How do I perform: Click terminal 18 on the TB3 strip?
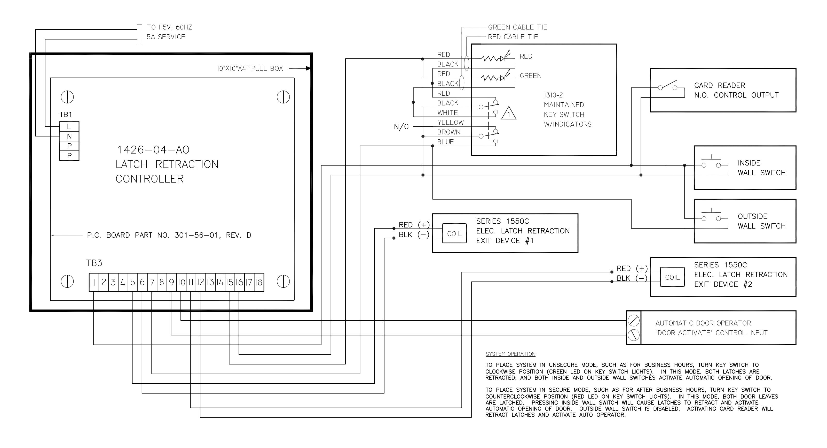(x=259, y=282)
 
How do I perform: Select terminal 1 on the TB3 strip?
(x=94, y=282)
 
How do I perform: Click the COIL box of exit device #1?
(x=454, y=233)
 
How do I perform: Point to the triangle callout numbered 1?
(x=509, y=113)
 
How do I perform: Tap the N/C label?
(x=401, y=127)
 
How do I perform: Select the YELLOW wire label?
(x=450, y=123)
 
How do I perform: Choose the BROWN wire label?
(x=449, y=132)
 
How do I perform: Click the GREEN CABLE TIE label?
(x=517, y=27)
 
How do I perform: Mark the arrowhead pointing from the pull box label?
(x=308, y=68)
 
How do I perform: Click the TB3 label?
(x=94, y=263)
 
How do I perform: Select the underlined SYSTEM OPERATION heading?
(x=511, y=354)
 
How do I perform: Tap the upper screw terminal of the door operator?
(x=633, y=320)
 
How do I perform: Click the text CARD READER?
(x=719, y=86)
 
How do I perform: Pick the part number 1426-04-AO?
(x=153, y=150)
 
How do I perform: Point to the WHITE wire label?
(x=447, y=113)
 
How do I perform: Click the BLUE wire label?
(x=446, y=142)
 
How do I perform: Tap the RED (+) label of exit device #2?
(x=632, y=268)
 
